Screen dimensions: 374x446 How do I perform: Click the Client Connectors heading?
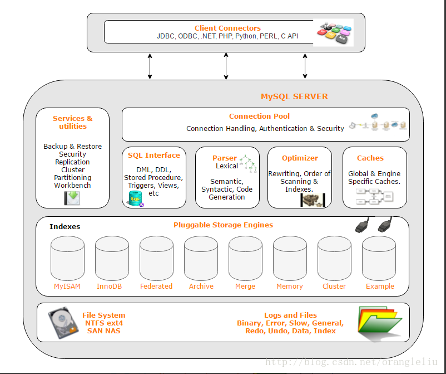[227, 28]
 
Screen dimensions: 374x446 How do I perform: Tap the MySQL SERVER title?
[294, 96]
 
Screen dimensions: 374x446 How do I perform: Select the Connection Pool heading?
[259, 116]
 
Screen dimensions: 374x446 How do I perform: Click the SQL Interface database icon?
[135, 198]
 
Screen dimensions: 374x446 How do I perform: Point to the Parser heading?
[224, 158]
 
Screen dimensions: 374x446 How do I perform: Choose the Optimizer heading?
[300, 158]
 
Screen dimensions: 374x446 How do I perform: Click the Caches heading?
[370, 158]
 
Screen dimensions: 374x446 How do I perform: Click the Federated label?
[156, 286]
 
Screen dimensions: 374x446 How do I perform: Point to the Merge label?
[245, 286]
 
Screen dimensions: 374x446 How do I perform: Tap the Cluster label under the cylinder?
[334, 286]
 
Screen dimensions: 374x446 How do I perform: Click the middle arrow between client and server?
[226, 66]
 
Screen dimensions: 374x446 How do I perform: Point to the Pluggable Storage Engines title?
[223, 225]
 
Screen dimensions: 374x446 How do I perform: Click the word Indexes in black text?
[65, 227]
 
